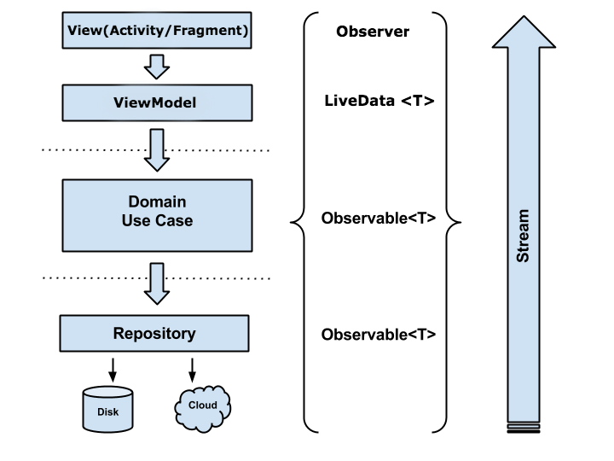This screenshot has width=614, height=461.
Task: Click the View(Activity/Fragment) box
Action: [x=158, y=31]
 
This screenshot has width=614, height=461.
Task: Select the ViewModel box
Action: [x=158, y=103]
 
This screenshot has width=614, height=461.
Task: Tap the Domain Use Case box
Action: [x=158, y=214]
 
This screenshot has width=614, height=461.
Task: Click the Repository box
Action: [x=154, y=333]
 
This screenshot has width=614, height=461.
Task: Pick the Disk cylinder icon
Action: [x=108, y=409]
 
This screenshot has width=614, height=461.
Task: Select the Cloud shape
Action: [x=203, y=407]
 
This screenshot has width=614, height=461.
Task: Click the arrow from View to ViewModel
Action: [x=157, y=66]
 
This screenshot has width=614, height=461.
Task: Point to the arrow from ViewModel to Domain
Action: [x=157, y=149]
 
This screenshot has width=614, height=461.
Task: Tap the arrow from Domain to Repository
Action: [x=157, y=283]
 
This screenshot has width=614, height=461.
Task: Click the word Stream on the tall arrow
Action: [x=524, y=236]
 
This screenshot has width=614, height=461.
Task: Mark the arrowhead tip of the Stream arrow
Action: [x=524, y=19]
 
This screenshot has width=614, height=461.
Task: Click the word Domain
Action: [x=157, y=202]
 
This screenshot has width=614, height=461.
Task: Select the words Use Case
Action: [x=157, y=221]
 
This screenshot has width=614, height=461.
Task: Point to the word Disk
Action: [x=108, y=413]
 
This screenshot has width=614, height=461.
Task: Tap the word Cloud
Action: [x=203, y=405]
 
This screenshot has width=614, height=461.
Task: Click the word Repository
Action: [x=154, y=333]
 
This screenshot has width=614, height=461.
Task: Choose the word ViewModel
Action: [x=155, y=103]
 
